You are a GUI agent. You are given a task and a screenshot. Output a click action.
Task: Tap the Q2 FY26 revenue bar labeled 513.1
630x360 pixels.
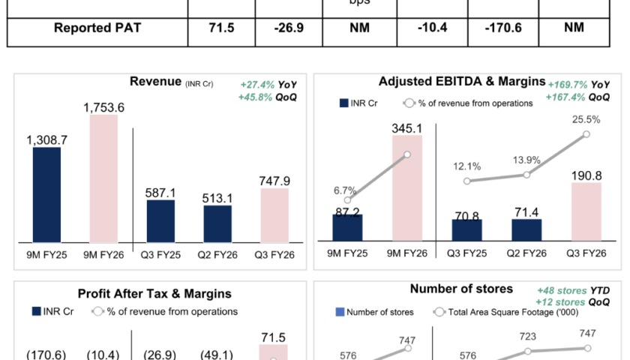click(217, 223)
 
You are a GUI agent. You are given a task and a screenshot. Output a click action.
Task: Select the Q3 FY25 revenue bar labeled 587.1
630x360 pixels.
click(160, 220)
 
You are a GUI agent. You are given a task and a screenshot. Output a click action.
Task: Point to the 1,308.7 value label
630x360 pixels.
click(47, 139)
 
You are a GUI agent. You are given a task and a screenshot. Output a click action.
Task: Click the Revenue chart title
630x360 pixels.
click(155, 82)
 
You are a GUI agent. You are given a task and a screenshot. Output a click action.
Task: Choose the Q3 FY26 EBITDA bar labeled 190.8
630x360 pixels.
click(586, 211)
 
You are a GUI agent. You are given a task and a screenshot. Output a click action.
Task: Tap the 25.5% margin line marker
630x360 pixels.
click(586, 135)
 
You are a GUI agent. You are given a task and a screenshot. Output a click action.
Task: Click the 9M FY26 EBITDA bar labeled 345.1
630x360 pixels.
click(406, 187)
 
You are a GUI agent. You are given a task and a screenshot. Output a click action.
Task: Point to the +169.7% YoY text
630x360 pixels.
click(578, 85)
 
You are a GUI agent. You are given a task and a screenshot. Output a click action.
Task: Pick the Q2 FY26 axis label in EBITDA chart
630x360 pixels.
click(526, 253)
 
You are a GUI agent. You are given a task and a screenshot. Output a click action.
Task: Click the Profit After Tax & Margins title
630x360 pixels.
click(154, 294)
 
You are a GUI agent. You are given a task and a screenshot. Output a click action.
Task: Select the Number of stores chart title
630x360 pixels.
click(461, 289)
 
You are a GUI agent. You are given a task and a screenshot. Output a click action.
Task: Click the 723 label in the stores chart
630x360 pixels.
click(529, 337)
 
